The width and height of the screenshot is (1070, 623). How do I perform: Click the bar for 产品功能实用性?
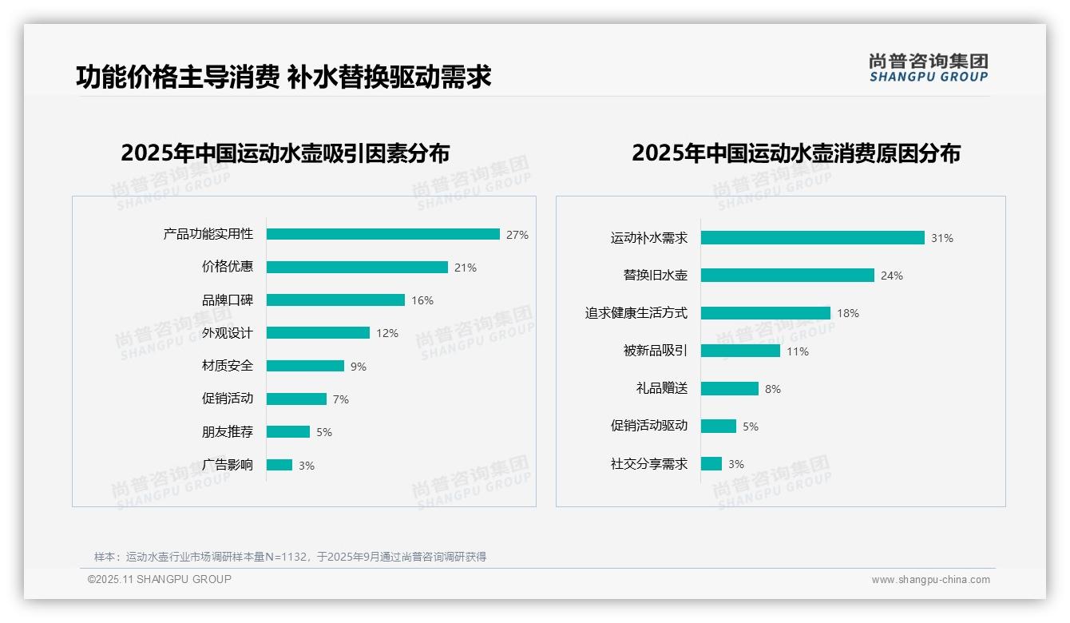(383, 234)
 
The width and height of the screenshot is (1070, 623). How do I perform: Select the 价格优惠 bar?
(357, 267)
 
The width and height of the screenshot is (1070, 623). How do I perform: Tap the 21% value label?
(466, 268)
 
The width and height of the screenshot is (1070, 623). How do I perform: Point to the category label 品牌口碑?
(227, 300)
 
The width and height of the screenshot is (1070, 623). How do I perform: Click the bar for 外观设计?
(318, 332)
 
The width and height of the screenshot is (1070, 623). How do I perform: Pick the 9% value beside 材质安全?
(359, 367)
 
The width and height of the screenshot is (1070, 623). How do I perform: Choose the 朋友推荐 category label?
(227, 432)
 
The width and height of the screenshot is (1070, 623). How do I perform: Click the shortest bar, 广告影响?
(279, 465)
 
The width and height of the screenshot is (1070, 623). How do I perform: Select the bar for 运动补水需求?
(812, 237)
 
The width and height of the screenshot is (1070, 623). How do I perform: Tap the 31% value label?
(942, 238)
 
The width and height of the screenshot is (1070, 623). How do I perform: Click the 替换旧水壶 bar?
(787, 275)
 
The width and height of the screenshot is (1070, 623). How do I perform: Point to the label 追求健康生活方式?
(636, 313)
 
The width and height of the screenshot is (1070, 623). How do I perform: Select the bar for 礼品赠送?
(730, 388)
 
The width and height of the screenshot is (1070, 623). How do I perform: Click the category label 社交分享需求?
(648, 464)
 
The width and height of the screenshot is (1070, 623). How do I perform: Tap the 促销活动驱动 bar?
(719, 426)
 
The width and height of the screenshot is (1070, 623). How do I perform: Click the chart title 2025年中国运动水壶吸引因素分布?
(285, 153)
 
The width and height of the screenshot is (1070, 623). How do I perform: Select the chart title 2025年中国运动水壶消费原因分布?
(795, 153)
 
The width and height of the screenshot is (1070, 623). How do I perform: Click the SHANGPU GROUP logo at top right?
(928, 68)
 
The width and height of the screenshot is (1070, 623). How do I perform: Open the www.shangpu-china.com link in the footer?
(930, 580)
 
